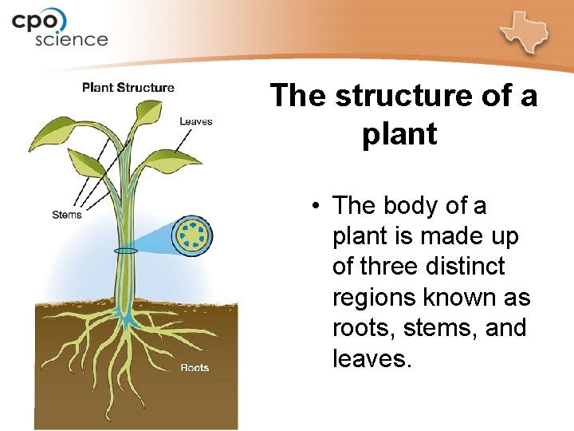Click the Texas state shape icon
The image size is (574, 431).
[x=525, y=32]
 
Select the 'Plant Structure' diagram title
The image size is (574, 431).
[x=128, y=87]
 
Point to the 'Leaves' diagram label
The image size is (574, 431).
[x=196, y=121]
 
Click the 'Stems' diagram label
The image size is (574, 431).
[x=66, y=215]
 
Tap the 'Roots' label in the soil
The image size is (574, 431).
[x=195, y=368]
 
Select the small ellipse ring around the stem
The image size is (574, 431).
[x=125, y=251]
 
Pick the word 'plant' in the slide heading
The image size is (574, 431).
[x=399, y=133]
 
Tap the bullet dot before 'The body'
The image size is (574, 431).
[x=316, y=206]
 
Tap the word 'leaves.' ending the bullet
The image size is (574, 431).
[x=372, y=358]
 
